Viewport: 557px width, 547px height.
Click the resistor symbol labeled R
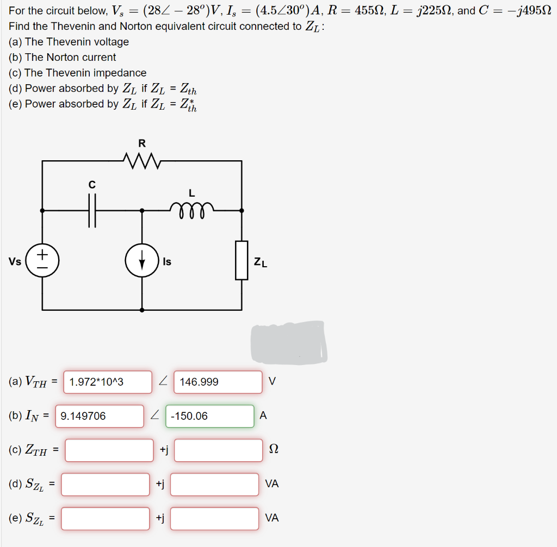click(x=142, y=161)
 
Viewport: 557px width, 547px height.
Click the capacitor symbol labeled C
click(x=92, y=210)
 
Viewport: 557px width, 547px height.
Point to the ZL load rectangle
click(x=242, y=260)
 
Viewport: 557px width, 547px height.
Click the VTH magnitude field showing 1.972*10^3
click(x=108, y=382)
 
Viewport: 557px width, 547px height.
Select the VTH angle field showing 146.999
click(x=218, y=382)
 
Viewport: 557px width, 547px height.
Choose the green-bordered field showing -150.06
click(x=209, y=416)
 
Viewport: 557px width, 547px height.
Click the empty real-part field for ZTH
click(x=109, y=450)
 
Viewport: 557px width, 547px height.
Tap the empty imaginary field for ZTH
click(x=218, y=450)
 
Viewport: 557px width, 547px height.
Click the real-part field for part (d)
click(x=105, y=484)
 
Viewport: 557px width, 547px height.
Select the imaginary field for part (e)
click(x=214, y=518)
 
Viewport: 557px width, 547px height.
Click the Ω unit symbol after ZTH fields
click(x=274, y=450)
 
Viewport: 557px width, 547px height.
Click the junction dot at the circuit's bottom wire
click(x=142, y=310)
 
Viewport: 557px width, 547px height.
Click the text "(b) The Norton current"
click(x=63, y=57)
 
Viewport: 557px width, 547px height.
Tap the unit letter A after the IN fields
click(x=263, y=416)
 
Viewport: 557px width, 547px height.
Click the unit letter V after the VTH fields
click(x=272, y=382)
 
